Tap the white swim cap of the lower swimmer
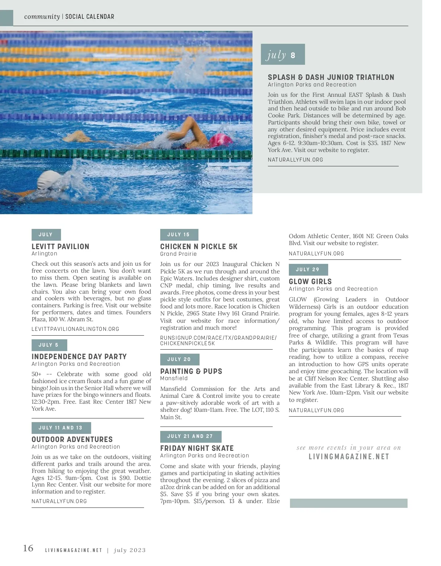50,180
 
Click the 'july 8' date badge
283,54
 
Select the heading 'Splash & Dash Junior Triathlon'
331,77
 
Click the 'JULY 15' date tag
179,234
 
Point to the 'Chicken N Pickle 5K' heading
199,247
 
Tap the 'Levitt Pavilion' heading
60,247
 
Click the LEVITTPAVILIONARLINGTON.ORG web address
75,329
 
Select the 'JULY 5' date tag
49,345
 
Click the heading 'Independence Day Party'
79,357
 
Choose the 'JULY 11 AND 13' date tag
61,428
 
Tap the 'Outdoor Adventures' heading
72,439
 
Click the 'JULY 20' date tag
179,359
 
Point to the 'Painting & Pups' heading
191,371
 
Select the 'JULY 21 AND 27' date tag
190,436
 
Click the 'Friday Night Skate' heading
197,448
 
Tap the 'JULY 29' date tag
308,269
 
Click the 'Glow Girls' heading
310,282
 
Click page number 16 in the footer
28,548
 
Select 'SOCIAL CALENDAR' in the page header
90,17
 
